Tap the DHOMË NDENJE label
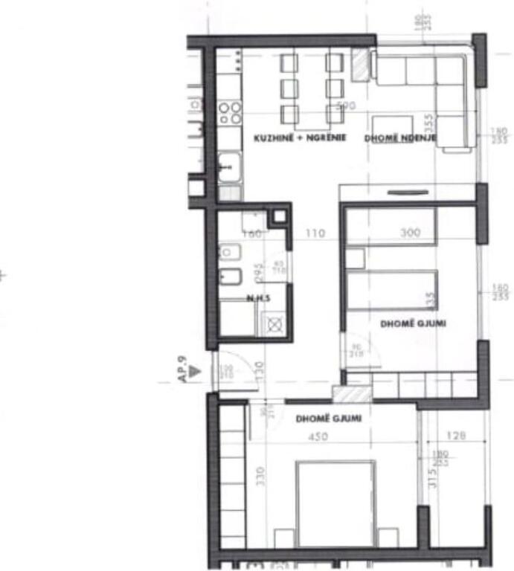coord(400,139)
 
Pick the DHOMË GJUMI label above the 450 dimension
coord(329,419)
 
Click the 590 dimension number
coord(347,106)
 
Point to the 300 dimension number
coord(410,233)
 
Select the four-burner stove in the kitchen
coord(230,113)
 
